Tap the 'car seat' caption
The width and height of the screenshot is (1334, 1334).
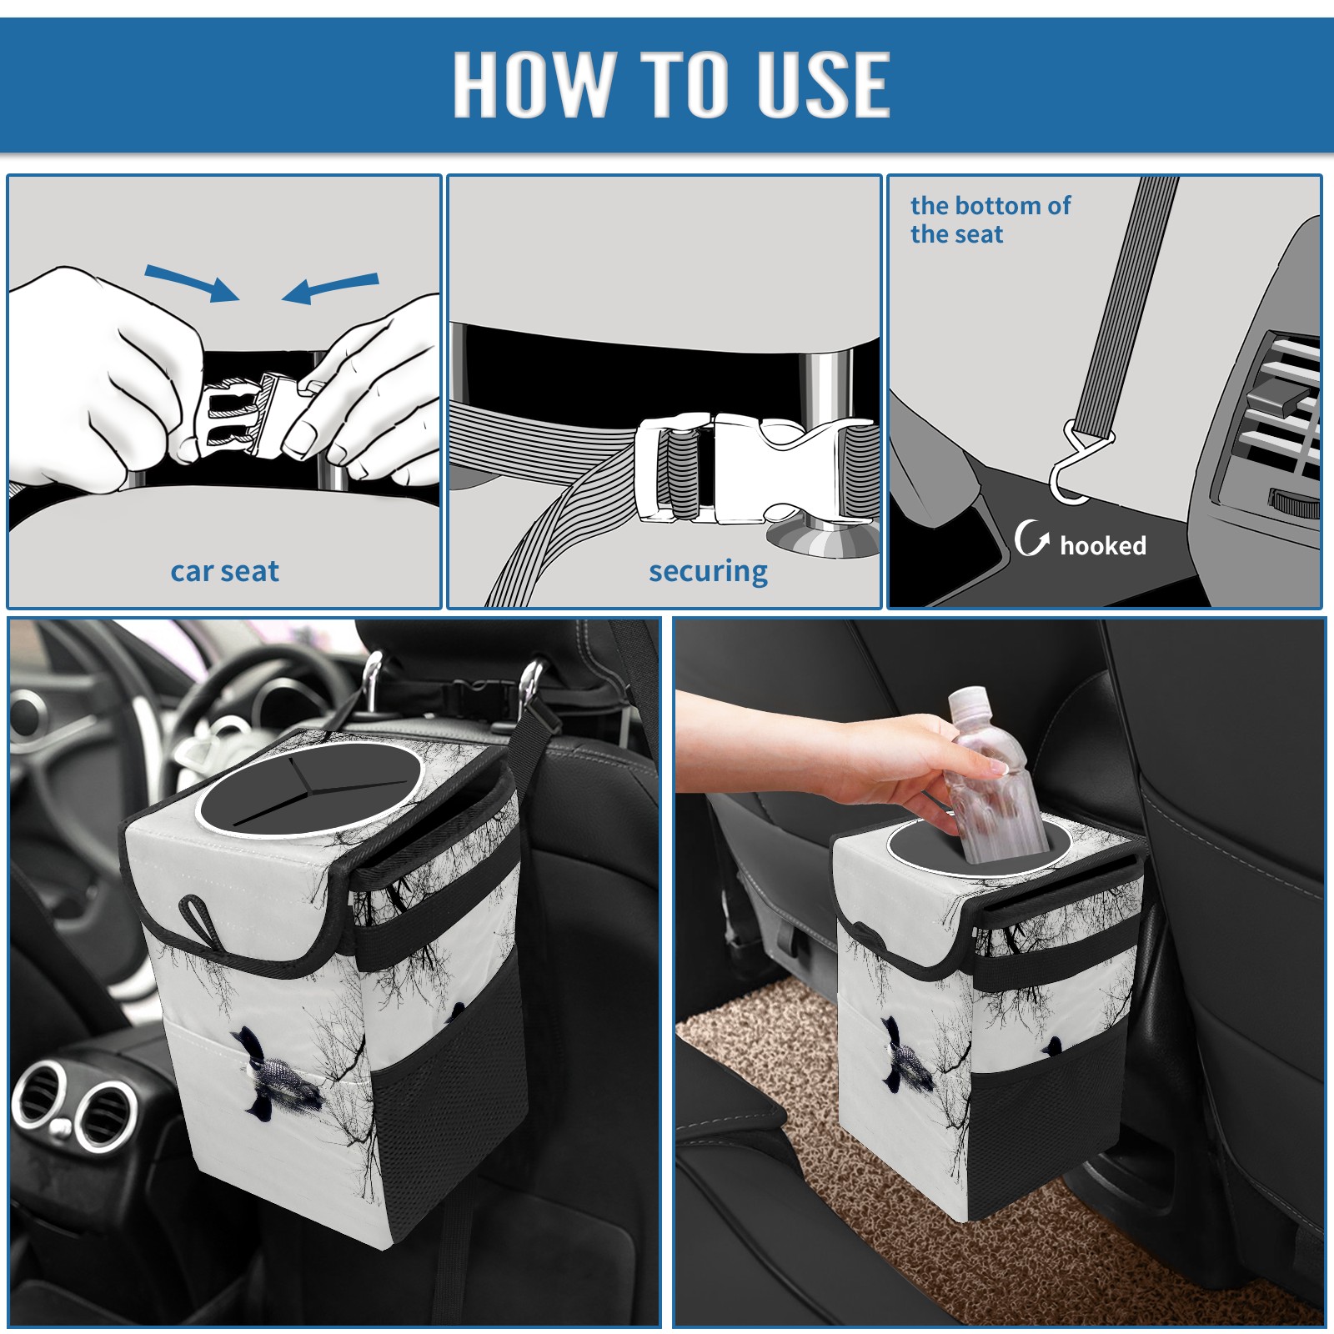[x=224, y=571]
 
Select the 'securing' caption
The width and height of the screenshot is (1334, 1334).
[x=708, y=572]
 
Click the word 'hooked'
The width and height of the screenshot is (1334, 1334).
[x=1103, y=545]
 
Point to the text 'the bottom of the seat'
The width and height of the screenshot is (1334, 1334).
[x=990, y=219]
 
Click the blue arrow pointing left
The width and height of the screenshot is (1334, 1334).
[x=330, y=288]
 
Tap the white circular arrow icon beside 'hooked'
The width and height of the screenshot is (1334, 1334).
[x=1031, y=538]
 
